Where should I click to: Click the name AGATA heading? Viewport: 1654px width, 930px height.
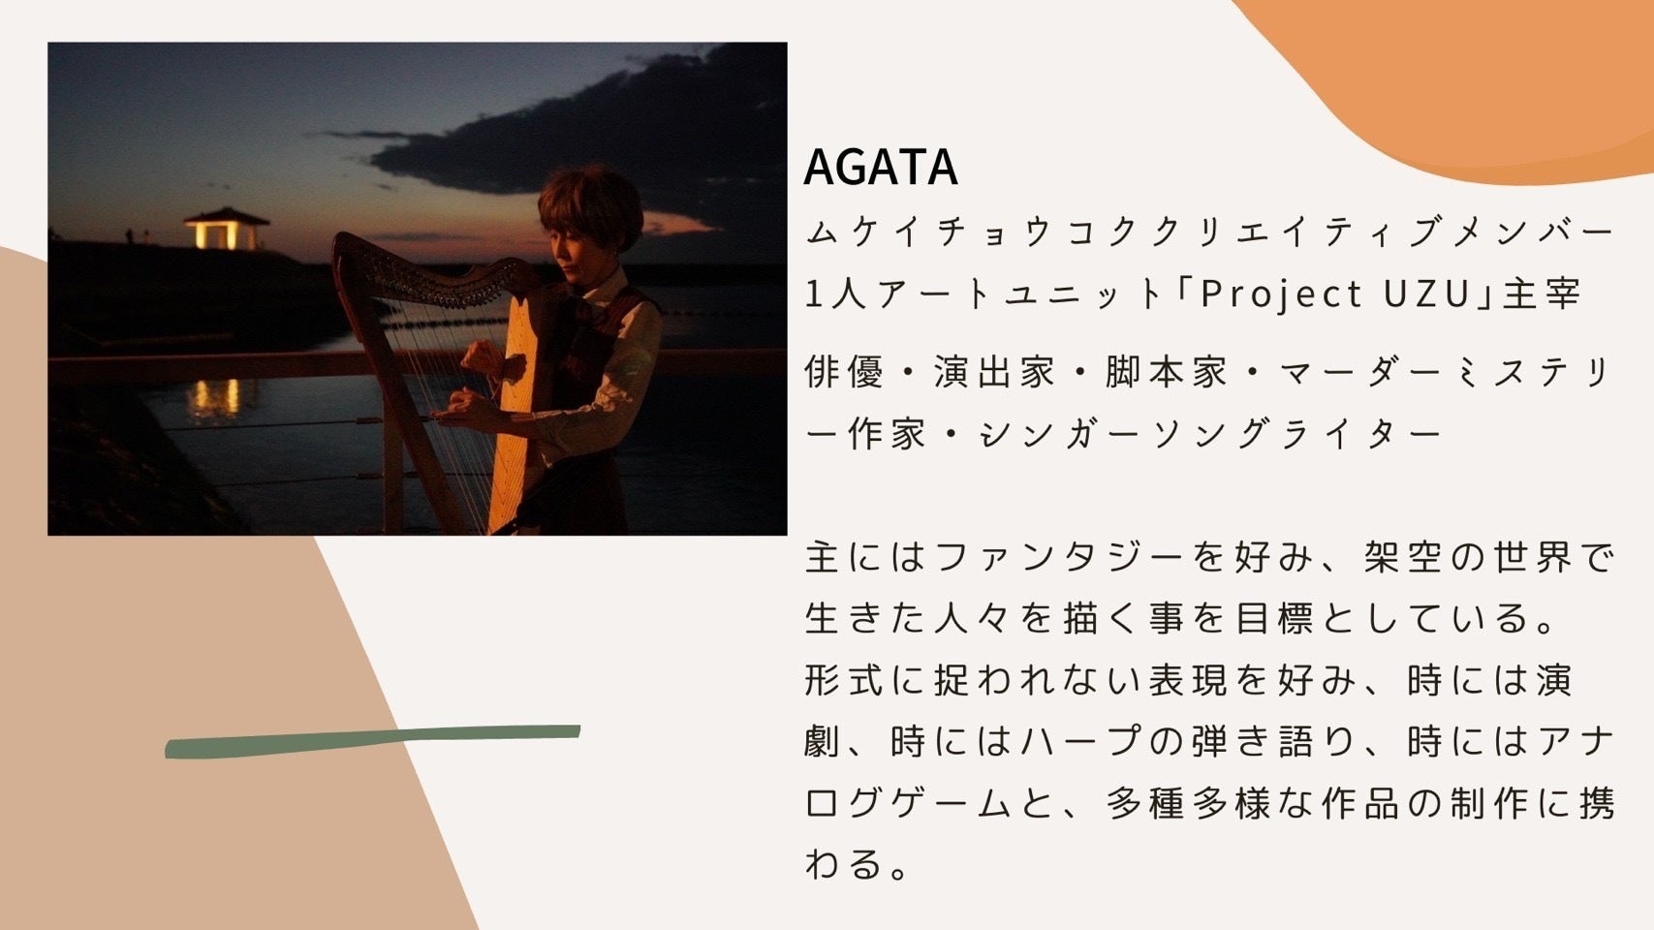pyautogui.click(x=880, y=167)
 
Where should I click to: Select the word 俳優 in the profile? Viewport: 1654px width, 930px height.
pyautogui.click(x=843, y=371)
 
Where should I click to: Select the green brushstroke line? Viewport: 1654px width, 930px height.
pyautogui.click(x=372, y=741)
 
